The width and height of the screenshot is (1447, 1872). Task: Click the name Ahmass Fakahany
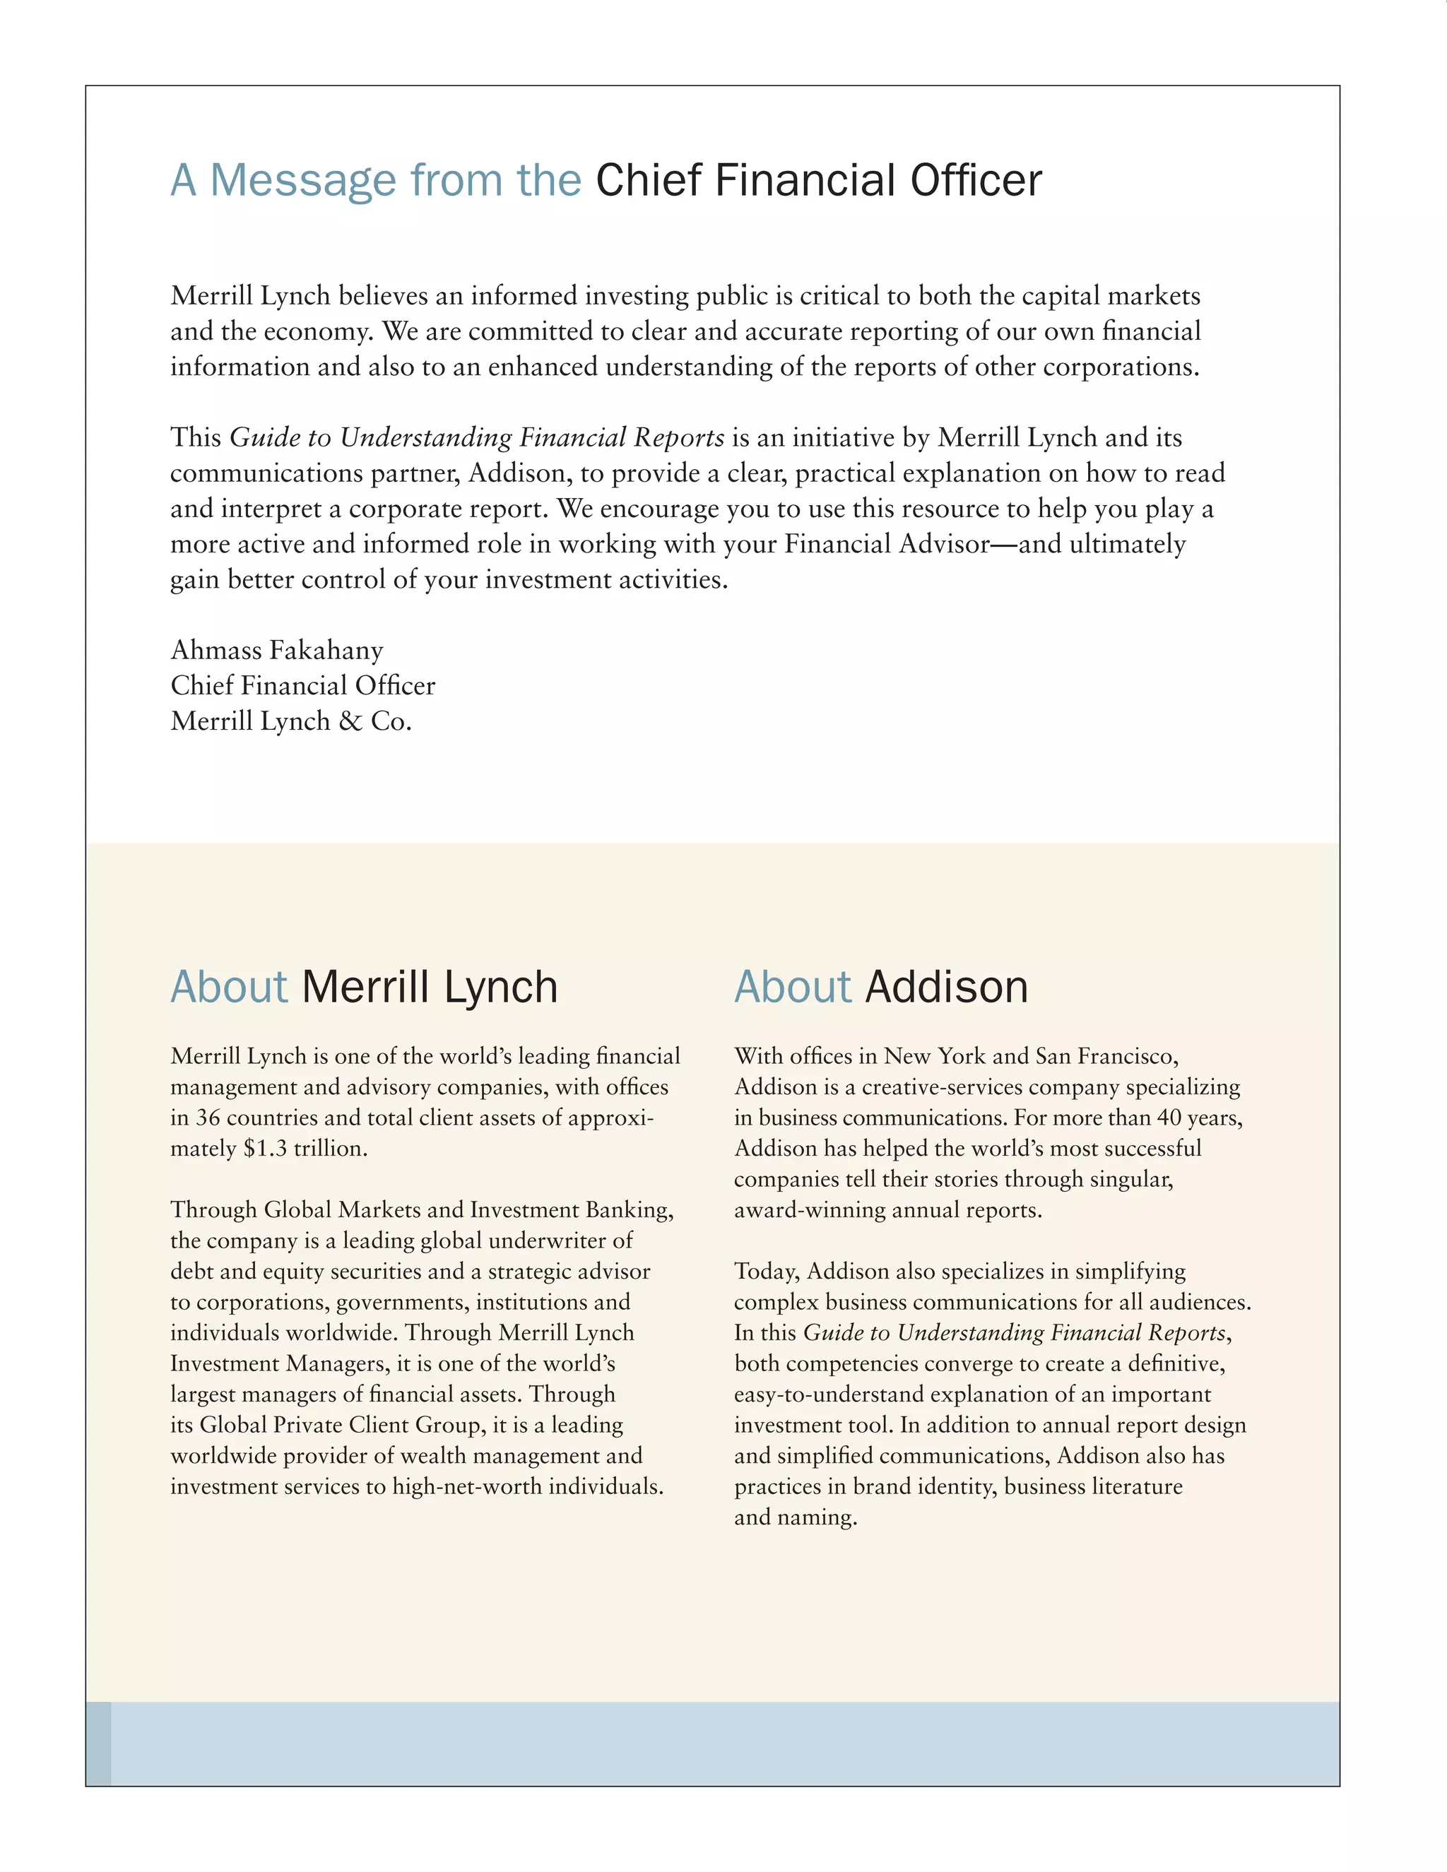(x=277, y=651)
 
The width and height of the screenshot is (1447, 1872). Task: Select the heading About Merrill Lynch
(x=365, y=987)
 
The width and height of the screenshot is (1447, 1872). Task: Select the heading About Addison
(x=881, y=987)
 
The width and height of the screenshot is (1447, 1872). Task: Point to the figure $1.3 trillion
(x=305, y=1149)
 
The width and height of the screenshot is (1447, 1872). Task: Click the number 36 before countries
(x=208, y=1118)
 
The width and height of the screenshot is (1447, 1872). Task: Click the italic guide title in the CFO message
(x=478, y=438)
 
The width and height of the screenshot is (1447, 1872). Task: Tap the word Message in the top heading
(x=302, y=181)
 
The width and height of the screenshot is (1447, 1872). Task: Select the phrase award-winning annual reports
(x=887, y=1210)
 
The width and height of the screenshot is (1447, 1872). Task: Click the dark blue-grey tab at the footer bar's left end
(x=99, y=1744)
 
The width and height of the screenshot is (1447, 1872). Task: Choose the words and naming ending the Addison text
(x=795, y=1517)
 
